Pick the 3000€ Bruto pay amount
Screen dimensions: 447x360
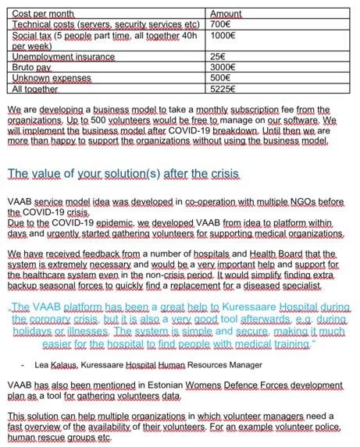point(225,68)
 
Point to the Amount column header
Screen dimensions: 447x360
point(226,14)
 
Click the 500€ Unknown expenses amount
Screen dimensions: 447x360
point(223,79)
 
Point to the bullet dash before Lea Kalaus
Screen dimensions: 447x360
point(25,364)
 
